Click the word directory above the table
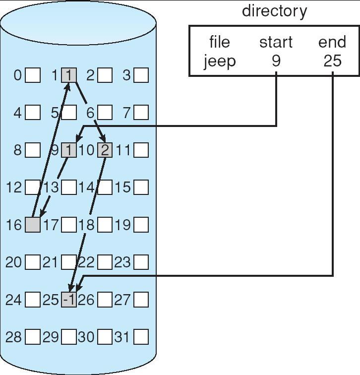point(274,11)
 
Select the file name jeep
point(220,61)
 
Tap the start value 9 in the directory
point(276,61)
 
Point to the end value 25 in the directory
point(332,61)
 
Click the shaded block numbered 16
point(33,225)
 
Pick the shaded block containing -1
point(69,300)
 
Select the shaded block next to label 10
point(105,150)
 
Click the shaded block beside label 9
point(69,150)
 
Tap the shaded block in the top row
point(69,75)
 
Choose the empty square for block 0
point(33,75)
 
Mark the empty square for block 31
point(141,337)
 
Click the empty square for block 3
point(141,75)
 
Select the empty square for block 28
point(33,337)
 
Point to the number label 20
point(14,262)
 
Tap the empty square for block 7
point(141,113)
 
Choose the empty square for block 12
point(33,187)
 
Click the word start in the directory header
point(276,42)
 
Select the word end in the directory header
point(332,42)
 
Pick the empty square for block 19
point(141,225)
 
